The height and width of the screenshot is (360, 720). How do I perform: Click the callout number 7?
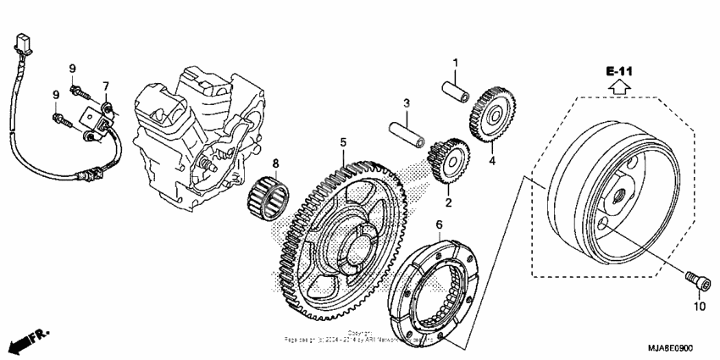tap(107, 86)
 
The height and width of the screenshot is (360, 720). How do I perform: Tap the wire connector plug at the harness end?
tap(23, 42)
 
